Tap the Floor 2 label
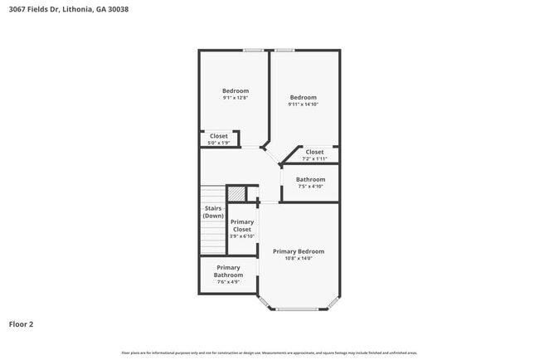click(21, 324)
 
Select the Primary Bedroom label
click(299, 251)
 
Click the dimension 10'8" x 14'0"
click(299, 259)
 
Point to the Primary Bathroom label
click(228, 271)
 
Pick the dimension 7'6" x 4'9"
click(228, 282)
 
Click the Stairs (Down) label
click(213, 212)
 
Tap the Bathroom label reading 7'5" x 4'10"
click(311, 179)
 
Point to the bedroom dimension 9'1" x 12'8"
click(236, 98)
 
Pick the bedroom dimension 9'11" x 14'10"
click(303, 105)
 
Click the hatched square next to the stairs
click(237, 193)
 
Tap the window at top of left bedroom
click(254, 51)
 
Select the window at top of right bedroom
click(285, 51)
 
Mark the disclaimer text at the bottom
click(269, 353)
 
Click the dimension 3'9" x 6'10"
click(242, 236)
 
